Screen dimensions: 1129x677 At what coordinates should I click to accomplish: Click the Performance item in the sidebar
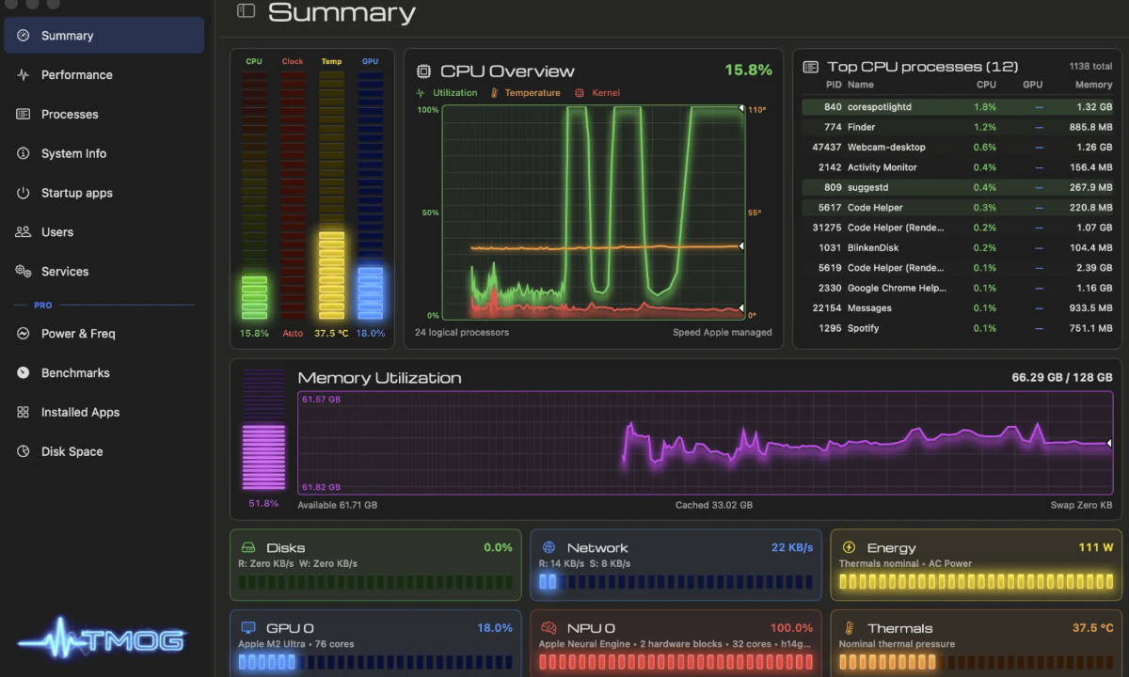[x=76, y=75]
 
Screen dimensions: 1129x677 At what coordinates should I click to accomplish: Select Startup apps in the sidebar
[x=76, y=193]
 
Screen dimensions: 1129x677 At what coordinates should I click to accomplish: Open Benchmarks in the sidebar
[x=75, y=372]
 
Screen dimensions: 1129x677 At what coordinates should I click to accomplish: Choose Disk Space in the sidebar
[x=72, y=451]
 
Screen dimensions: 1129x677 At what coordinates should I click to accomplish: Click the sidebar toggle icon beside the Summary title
[x=246, y=10]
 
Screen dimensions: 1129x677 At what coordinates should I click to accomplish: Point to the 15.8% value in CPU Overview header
[x=748, y=70]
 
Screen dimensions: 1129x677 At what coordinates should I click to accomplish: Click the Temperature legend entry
[x=533, y=93]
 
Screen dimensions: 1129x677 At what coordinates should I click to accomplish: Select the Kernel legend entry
[x=605, y=93]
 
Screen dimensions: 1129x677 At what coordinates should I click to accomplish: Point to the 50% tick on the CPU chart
[x=430, y=213]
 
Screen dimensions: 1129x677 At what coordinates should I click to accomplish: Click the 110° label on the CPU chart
[x=757, y=110]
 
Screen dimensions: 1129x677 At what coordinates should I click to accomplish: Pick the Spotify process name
[x=863, y=328]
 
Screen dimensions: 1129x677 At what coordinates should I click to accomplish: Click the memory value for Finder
[x=1090, y=127]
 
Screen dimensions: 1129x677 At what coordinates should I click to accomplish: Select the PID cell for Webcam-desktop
[x=827, y=147]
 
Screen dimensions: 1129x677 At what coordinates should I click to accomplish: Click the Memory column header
[x=1093, y=85]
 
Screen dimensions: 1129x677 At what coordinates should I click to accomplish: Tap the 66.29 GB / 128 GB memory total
[x=1062, y=377]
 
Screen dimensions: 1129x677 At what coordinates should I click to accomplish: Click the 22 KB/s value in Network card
[x=792, y=547]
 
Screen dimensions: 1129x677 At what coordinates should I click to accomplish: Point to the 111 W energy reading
[x=1096, y=547]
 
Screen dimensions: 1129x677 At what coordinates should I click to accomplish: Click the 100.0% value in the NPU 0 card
[x=791, y=628]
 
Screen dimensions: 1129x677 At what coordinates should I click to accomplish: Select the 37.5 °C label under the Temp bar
[x=331, y=334]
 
